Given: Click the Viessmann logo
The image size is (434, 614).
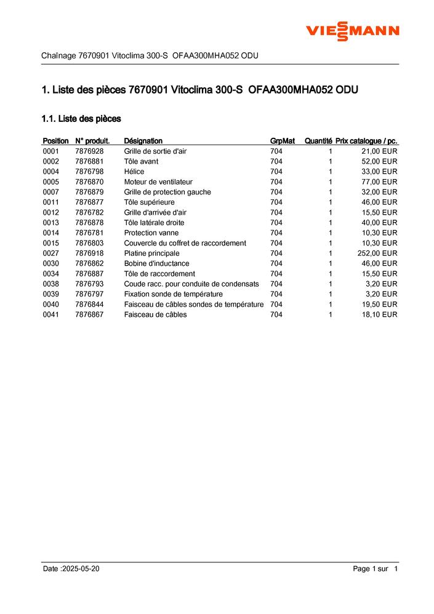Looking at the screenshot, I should point(353,30).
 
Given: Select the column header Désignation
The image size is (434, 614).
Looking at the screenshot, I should point(143,141).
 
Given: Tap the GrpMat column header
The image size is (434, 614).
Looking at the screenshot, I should point(283,141).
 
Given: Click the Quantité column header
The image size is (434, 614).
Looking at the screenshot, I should point(318,141).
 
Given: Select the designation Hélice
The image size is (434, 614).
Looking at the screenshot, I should point(134,172).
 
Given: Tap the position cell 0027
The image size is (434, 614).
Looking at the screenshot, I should point(51,253).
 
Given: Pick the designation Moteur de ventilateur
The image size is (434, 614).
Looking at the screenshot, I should point(158,182).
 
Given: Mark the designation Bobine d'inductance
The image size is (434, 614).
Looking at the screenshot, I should point(156,263).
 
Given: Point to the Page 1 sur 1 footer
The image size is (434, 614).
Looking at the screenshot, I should point(376,569).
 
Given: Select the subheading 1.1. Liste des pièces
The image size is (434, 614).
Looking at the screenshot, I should point(81,118).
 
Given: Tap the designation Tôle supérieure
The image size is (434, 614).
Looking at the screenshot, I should point(149,202).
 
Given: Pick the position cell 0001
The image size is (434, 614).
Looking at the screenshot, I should point(51,151).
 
